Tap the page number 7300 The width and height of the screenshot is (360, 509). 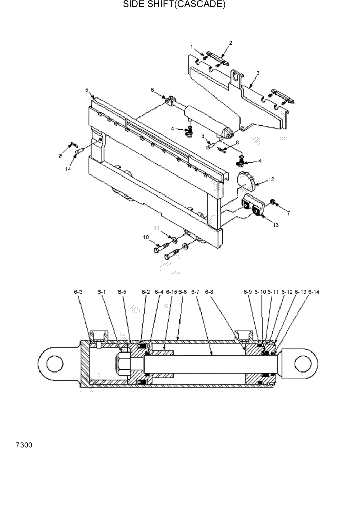(24, 445)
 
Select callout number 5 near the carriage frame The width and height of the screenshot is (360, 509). (87, 90)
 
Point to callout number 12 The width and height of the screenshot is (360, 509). (271, 179)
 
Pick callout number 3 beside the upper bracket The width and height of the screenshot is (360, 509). (258, 73)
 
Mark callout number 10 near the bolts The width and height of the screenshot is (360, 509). (146, 237)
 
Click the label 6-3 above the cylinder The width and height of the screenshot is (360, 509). (78, 292)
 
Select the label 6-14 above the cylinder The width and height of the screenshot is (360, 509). (313, 292)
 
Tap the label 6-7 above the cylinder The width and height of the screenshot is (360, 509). (195, 292)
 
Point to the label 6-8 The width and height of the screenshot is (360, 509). (209, 292)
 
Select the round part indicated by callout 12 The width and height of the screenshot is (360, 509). (247, 182)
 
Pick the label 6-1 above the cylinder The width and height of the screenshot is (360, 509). (102, 292)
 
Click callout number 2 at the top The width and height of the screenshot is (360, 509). (231, 43)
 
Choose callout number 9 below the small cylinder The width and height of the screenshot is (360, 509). (203, 136)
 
